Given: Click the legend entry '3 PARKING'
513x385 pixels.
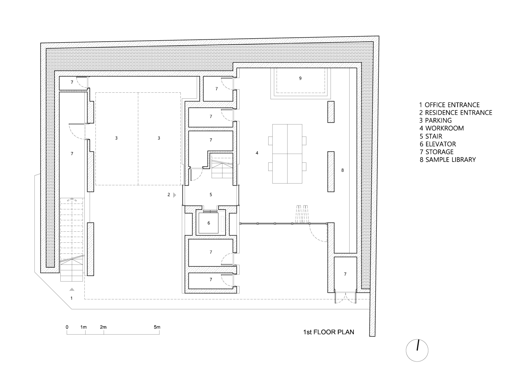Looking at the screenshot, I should click(435, 120).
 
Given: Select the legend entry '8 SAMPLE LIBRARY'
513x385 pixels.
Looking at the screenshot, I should click(448, 160).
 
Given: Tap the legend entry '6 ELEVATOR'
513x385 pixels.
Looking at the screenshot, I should click(438, 144).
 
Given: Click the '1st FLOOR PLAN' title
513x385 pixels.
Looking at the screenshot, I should click(328, 332).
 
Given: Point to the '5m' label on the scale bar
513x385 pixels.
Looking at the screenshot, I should click(157, 327).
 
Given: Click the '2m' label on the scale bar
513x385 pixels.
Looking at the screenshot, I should click(103, 327).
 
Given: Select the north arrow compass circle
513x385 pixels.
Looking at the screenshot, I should click(417, 350).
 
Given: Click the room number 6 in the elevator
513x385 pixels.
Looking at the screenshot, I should click(209, 223).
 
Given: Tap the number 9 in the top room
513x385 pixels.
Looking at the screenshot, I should click(300, 78).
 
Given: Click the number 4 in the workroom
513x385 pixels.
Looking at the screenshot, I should click(257, 153).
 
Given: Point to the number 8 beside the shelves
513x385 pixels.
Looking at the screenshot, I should click(342, 170).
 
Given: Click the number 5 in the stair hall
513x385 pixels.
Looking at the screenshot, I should click(211, 195).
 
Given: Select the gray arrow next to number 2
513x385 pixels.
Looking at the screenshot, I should click(175, 195).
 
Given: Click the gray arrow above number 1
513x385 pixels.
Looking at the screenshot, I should click(72, 289).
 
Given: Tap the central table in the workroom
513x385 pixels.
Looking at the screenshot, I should click(287, 154).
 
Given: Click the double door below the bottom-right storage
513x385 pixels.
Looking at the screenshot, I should click(345, 298).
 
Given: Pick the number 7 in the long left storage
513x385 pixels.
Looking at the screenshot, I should click(72, 154).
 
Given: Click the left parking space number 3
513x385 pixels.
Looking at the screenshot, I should click(116, 138).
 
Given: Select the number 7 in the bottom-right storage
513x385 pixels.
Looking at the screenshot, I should click(345, 274).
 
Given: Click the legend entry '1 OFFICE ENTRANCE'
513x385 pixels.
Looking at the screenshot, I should click(449, 105).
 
